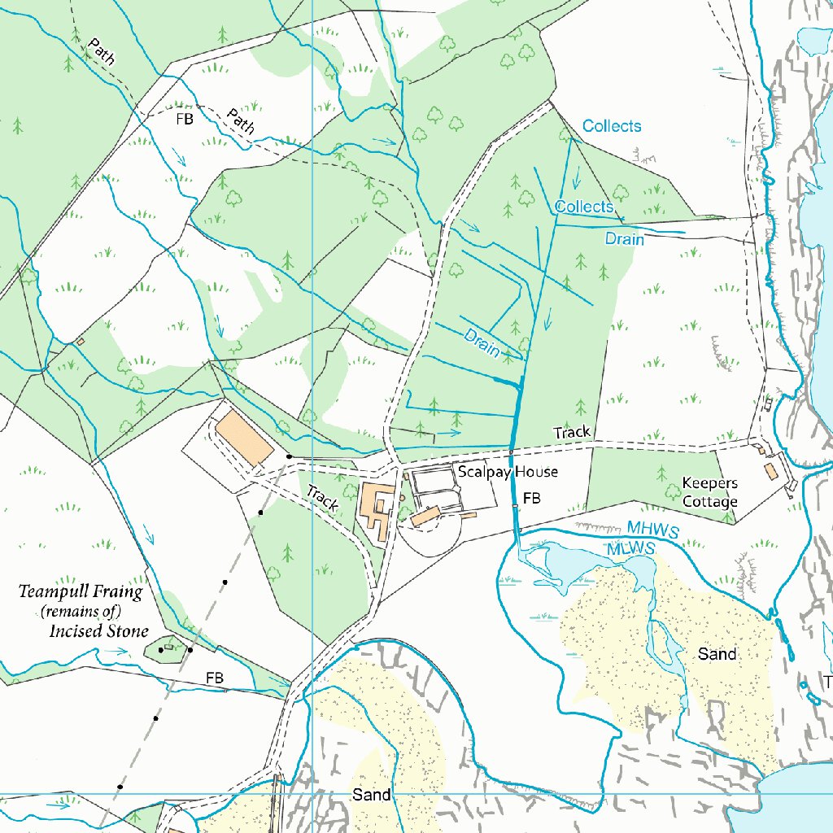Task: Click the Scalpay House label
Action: tap(507, 472)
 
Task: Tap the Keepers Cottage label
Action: tap(709, 493)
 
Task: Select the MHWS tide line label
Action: tap(652, 530)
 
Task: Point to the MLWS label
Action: tap(631, 549)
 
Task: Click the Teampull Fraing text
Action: tap(81, 592)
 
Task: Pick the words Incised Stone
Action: tap(98, 631)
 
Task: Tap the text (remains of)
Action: tap(81, 612)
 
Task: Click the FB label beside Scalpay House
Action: tap(532, 498)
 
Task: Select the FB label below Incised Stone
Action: tap(215, 677)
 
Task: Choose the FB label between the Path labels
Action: tap(185, 119)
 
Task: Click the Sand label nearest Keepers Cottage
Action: tap(717, 654)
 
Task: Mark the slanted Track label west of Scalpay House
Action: tap(321, 498)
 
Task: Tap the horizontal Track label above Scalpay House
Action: tap(572, 433)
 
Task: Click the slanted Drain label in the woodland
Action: tap(482, 342)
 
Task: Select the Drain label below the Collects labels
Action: tap(624, 239)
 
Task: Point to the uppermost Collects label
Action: tap(612, 126)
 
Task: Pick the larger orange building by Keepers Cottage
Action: tap(770, 471)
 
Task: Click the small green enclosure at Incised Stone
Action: tap(166, 648)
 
